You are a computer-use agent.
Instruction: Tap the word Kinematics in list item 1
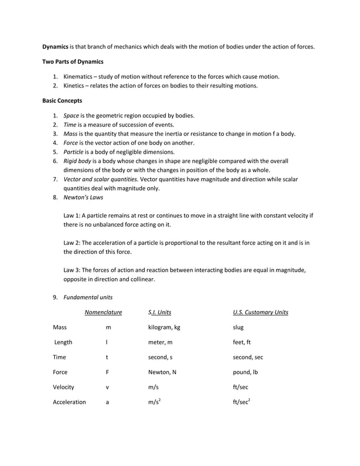82,76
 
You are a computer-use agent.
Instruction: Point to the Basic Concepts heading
62,100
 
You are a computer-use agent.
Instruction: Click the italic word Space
71,115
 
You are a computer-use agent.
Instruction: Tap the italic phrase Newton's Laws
83,197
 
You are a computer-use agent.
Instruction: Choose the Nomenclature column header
103,313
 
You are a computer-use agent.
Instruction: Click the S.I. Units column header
160,313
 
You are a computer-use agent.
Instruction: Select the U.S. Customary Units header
260,313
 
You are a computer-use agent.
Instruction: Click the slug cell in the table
239,327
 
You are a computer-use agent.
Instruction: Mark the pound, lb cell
245,372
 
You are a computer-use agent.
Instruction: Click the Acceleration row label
69,403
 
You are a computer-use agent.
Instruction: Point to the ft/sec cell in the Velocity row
241,388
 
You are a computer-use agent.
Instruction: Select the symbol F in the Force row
107,372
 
